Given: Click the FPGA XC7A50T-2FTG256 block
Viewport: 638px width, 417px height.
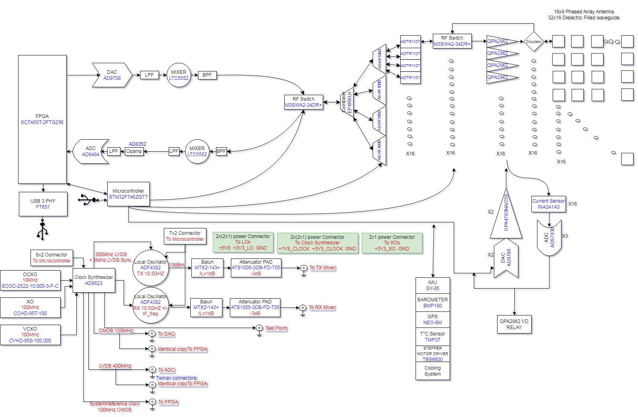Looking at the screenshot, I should (x=42, y=119).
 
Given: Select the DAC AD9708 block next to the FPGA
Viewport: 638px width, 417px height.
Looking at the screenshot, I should (x=112, y=75).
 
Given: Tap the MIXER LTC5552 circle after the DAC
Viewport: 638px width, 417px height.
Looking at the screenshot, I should (x=179, y=75).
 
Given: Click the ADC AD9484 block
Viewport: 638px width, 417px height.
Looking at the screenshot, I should (x=91, y=151).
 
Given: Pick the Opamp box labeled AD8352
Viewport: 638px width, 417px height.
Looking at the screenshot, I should (x=134, y=151).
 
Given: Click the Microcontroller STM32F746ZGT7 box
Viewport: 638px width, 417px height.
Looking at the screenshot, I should (x=128, y=194).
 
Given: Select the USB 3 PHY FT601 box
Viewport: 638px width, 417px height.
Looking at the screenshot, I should (x=43, y=204).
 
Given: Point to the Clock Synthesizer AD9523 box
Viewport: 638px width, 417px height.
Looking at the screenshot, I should (x=94, y=280).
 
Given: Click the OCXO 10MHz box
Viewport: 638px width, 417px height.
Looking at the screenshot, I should (x=30, y=280).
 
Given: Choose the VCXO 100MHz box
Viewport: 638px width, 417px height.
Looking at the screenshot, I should (x=30, y=335).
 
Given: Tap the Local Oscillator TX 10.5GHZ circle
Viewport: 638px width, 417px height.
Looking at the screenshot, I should (x=151, y=268).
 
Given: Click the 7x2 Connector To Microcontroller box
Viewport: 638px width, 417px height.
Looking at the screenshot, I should (x=185, y=236).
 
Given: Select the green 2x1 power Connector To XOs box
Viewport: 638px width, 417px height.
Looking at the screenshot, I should (x=391, y=243).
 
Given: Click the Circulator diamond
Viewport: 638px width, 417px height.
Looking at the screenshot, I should (x=534, y=41).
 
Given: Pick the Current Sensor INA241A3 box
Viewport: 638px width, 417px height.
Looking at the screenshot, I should (x=548, y=204).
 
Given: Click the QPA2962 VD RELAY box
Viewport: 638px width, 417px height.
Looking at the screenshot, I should (x=514, y=324).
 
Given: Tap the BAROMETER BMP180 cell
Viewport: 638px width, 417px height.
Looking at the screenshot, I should (x=432, y=303).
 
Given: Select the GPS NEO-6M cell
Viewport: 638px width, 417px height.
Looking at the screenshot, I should (x=432, y=319).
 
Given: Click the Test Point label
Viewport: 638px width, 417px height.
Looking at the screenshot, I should (x=276, y=328).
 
